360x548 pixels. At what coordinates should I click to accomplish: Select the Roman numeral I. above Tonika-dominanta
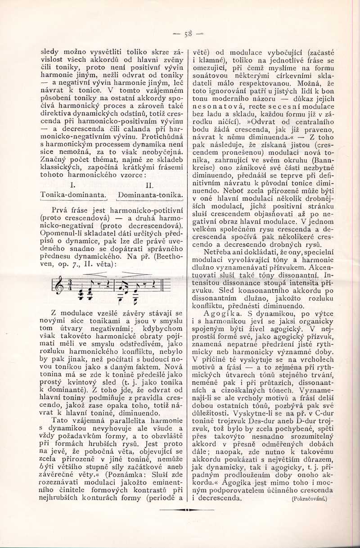point(73,185)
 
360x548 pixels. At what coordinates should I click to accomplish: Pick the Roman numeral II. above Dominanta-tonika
point(150,185)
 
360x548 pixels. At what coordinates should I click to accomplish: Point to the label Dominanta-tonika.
point(150,195)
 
